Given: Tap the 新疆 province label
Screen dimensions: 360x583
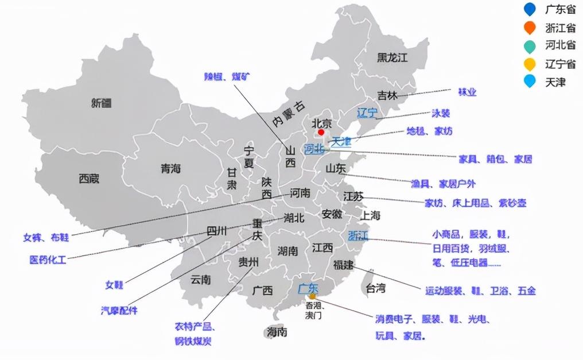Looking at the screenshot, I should (x=102, y=103).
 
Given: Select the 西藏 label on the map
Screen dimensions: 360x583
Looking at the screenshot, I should (x=89, y=179).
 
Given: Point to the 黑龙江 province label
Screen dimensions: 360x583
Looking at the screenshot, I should (x=392, y=57).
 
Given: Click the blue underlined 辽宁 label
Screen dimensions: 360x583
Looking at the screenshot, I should (x=367, y=113).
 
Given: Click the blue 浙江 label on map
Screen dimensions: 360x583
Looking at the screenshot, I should (x=358, y=236).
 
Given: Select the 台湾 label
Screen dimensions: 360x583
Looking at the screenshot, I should (x=376, y=288).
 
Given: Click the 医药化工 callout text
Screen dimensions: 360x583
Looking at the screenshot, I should (x=48, y=260).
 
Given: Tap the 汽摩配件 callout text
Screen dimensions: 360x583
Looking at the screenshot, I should (x=119, y=310).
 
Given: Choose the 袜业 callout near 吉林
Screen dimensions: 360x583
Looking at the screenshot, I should (x=467, y=92).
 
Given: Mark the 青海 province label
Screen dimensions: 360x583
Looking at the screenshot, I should (x=170, y=169).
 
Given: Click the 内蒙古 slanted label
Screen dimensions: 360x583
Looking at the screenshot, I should (x=289, y=113).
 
